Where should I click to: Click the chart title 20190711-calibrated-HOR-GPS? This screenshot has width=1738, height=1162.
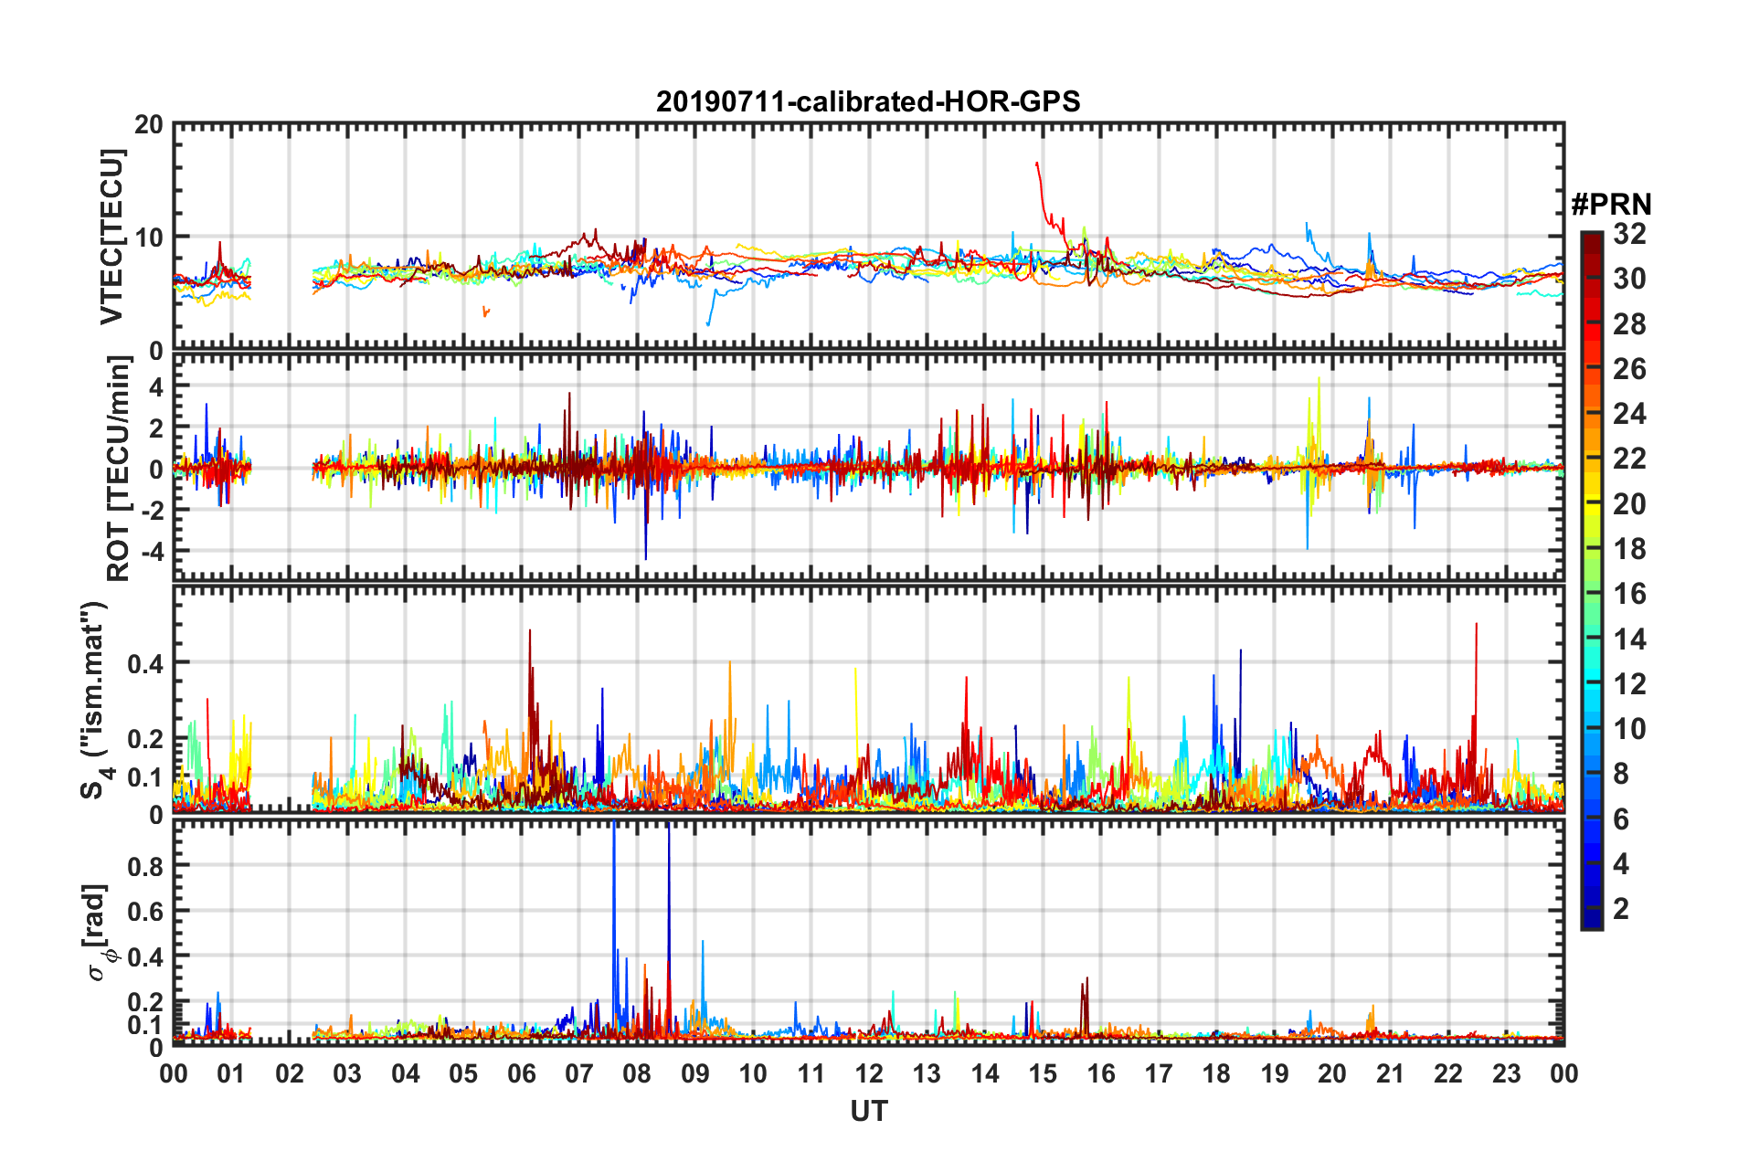pos(868,101)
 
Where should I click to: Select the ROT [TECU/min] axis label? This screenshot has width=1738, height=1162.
pos(119,469)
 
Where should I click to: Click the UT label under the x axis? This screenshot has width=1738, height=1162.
pos(868,1111)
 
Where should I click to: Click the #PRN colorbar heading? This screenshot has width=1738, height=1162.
pos(1611,204)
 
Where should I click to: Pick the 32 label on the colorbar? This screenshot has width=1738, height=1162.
pos(1629,234)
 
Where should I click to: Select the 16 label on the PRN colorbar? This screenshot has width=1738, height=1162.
pos(1629,594)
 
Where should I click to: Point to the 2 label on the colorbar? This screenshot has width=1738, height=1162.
pos(1621,908)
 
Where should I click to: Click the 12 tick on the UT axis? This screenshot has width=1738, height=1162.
pos(868,1073)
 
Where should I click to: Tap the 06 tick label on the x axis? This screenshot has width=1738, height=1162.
pos(521,1073)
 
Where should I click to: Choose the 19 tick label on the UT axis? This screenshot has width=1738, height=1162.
pos(1274,1073)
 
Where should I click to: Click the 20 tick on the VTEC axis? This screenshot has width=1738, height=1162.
pos(149,125)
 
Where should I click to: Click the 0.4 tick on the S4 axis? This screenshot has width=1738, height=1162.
pos(145,663)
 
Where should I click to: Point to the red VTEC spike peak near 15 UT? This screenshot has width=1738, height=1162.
pos(1036,164)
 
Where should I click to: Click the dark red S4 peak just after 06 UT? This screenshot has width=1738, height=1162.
pos(530,630)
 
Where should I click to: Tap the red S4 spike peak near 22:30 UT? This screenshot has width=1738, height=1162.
pos(1477,624)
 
